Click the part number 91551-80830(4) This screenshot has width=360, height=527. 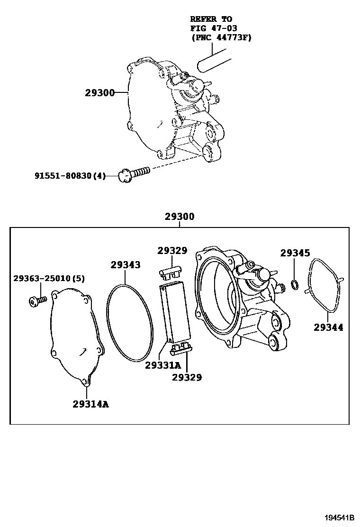coord(70,176)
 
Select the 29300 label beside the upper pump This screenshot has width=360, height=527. coord(100,93)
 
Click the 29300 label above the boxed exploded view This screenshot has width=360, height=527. coord(180,217)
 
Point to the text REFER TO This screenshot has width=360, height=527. coord(211,19)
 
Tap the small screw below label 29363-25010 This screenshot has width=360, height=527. coord(36,300)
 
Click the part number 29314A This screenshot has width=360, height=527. coord(90,404)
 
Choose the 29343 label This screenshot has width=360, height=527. coord(126,265)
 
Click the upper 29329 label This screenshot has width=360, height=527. coord(172,251)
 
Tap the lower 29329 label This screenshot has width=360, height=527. coord(187,377)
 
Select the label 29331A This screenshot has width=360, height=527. coord(163,365)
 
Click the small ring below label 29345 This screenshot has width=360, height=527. coord(294,284)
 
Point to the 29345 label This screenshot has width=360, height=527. coord(295,253)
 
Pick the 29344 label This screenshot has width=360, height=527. coord(328,327)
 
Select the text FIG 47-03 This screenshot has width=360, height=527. coord(211,28)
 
